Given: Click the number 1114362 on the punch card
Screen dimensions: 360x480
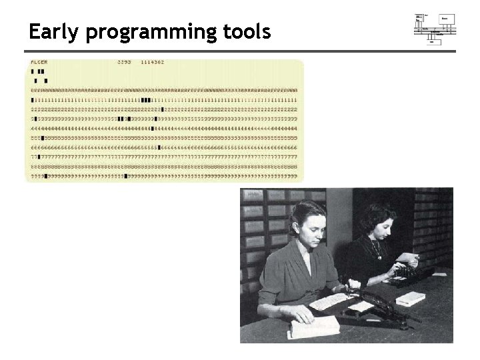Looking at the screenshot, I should click(x=152, y=62).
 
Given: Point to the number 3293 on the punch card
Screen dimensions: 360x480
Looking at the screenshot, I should click(x=124, y=62).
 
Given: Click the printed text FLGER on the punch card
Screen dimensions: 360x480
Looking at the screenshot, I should click(x=39, y=62).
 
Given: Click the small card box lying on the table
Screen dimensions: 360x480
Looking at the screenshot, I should click(x=410, y=299).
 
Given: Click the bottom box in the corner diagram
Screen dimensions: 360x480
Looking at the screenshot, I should click(x=435, y=41).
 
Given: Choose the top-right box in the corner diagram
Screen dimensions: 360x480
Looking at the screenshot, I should click(x=447, y=19).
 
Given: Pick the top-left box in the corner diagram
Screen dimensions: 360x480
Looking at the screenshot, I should click(x=420, y=19).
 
